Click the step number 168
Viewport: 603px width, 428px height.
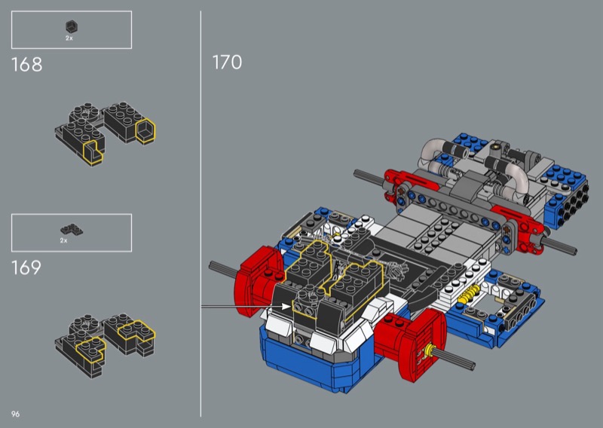tap(26, 65)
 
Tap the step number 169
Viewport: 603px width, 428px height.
tap(26, 267)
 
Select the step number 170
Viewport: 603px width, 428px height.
tap(228, 63)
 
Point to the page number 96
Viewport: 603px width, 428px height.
tap(15, 414)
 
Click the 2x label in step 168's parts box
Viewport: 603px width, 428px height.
tap(69, 38)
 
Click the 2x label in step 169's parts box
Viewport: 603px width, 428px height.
tap(64, 240)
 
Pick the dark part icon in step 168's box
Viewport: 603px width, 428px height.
tap(71, 27)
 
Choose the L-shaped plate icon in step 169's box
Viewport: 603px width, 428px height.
tap(72, 230)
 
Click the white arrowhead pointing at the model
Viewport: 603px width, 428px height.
tap(286, 306)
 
